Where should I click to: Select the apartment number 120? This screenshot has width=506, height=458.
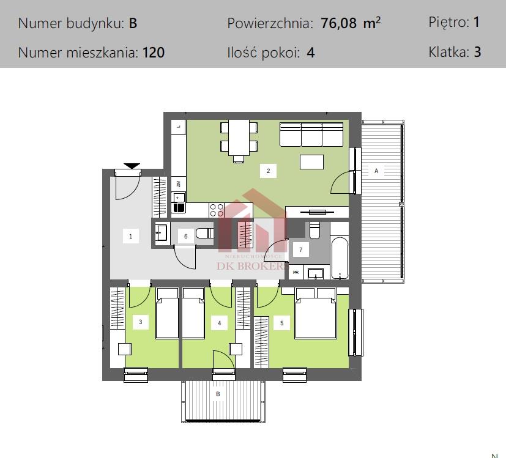(x=154, y=53)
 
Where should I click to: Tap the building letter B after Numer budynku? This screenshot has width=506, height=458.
(x=133, y=24)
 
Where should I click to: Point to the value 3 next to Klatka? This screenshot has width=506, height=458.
(x=477, y=52)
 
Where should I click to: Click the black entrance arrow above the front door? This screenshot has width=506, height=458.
(x=132, y=166)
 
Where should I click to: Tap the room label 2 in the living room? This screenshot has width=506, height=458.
(x=268, y=171)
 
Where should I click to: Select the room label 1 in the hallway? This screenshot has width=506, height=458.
(x=130, y=236)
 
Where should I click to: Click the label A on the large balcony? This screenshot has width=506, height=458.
(x=376, y=171)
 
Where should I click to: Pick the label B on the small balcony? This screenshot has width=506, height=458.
(x=217, y=394)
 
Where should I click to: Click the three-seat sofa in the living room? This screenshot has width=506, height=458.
(x=310, y=135)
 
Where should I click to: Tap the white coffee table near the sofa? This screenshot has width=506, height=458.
(x=311, y=161)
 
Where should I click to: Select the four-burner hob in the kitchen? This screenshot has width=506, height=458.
(x=217, y=210)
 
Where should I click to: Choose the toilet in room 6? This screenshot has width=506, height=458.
(x=205, y=233)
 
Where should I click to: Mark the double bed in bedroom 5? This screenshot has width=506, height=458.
(x=315, y=313)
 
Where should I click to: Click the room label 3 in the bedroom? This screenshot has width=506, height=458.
(x=140, y=322)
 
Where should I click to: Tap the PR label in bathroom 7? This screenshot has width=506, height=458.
(x=296, y=273)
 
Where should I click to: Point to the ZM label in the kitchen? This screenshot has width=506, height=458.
(x=178, y=183)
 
